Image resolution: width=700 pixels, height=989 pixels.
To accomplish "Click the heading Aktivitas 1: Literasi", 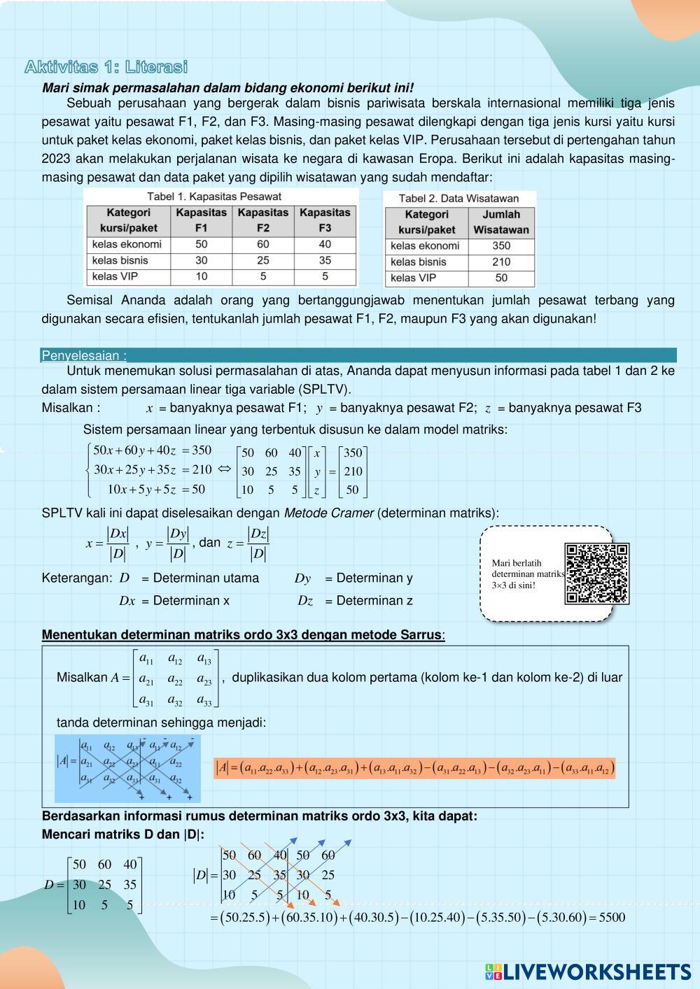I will click(106, 67).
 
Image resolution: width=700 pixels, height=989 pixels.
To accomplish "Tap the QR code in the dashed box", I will click(596, 574).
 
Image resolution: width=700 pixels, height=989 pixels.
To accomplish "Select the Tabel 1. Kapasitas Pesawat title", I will click(213, 197).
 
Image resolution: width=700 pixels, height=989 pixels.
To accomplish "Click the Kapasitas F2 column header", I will click(262, 220).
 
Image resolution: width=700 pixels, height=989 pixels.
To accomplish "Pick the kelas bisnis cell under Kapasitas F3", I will click(325, 260).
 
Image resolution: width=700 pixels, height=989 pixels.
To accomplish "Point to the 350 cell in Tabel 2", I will click(501, 246).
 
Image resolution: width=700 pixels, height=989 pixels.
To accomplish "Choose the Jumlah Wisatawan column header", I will click(501, 222).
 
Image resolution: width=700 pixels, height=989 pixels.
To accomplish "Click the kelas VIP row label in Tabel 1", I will click(115, 276).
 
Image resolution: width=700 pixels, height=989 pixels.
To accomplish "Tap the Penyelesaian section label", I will click(84, 355).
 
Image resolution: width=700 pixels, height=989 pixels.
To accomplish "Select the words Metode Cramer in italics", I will click(328, 513).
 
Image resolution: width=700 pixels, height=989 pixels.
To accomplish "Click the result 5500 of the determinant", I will click(612, 917).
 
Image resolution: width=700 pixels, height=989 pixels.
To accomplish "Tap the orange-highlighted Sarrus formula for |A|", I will click(414, 768).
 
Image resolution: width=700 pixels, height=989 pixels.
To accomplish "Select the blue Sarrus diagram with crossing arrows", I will click(127, 768).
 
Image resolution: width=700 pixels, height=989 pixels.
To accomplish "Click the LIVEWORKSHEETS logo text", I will click(596, 972).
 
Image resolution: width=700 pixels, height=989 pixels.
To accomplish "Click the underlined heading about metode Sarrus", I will click(242, 635).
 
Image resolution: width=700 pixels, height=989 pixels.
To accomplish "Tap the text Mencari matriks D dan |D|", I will click(123, 834).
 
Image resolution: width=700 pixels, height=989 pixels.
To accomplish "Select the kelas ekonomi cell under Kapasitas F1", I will click(201, 244).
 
